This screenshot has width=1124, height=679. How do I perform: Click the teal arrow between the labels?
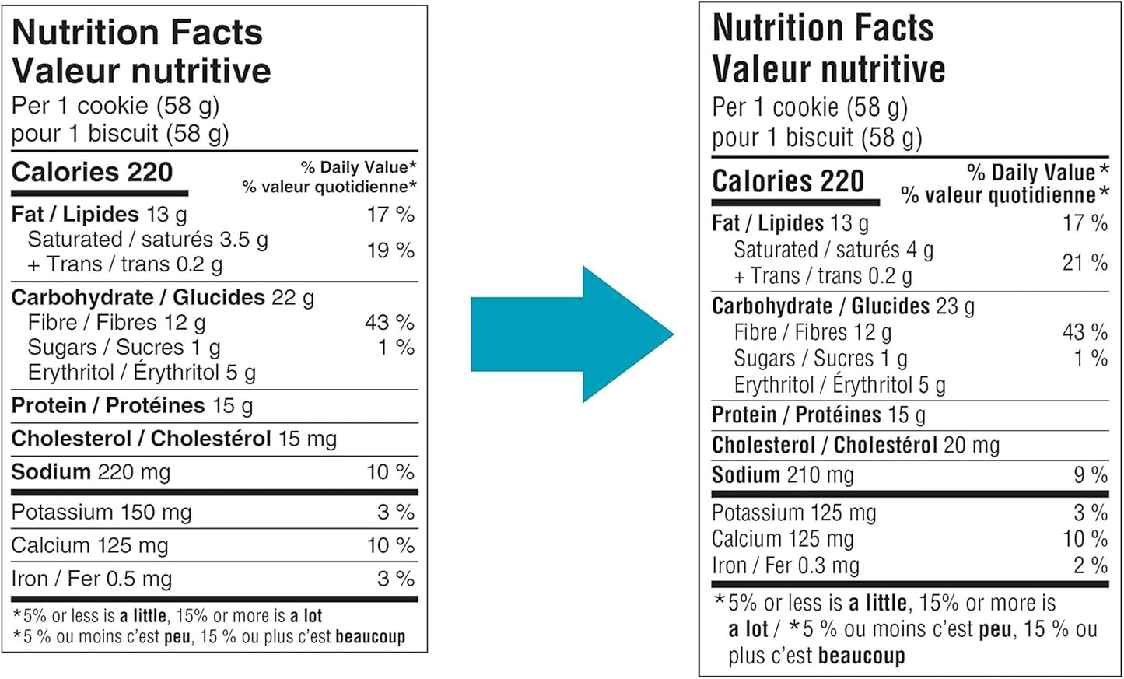572,334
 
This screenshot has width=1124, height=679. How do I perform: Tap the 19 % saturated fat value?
390,250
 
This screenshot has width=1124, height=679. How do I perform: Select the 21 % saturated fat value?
1084,263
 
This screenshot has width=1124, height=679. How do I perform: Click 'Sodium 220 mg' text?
91,472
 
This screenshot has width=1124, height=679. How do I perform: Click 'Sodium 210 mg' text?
783,475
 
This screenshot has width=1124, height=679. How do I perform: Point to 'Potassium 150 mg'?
101,513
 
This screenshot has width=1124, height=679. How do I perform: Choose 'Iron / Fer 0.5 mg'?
92,579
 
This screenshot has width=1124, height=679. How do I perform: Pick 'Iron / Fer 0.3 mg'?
786,566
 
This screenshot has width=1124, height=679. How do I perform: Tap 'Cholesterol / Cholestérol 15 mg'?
174,439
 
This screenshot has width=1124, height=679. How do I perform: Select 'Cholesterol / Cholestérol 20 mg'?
856,446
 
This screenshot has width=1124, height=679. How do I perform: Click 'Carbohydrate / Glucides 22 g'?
163,298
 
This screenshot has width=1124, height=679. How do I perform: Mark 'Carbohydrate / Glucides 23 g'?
843,306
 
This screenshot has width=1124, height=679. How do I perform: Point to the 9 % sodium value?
1091,475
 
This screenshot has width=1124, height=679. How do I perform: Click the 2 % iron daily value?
1091,566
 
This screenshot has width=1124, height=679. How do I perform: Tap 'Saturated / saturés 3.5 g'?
148,240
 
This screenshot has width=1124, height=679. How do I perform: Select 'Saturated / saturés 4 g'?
833,250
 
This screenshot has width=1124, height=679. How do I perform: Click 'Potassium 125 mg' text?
793,513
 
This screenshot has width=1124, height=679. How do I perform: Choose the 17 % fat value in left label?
390,215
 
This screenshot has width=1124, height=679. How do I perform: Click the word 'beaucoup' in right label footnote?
861,656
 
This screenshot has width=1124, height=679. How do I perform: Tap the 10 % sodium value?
390,472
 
